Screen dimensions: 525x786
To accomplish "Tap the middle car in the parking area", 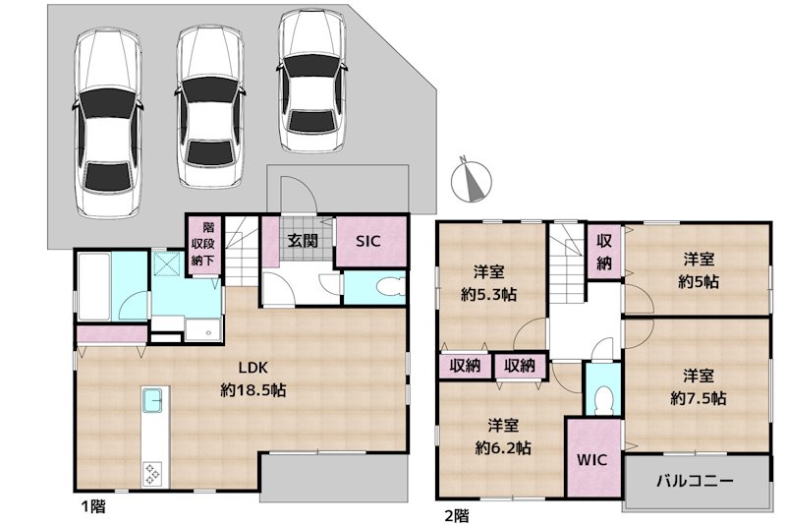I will [209, 106].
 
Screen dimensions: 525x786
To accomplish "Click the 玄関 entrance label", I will [302, 240].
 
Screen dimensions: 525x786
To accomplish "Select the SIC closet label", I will [368, 241].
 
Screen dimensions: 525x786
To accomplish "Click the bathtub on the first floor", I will [96, 286].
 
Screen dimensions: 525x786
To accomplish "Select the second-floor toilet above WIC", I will [602, 398].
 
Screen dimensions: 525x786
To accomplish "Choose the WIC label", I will [592, 459].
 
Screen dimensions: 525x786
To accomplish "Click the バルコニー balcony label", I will [695, 483].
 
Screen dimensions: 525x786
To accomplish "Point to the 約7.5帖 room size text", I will [699, 398].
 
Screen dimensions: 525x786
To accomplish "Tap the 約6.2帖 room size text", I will [504, 447].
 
